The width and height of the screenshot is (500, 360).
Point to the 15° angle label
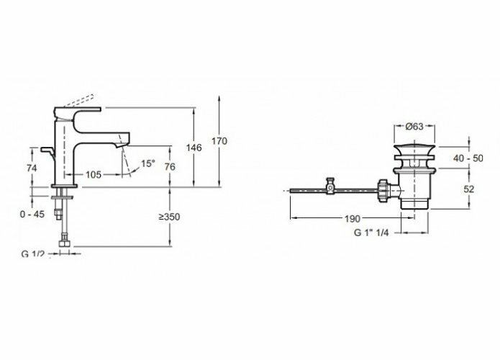pyautogui.click(x=147, y=164)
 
